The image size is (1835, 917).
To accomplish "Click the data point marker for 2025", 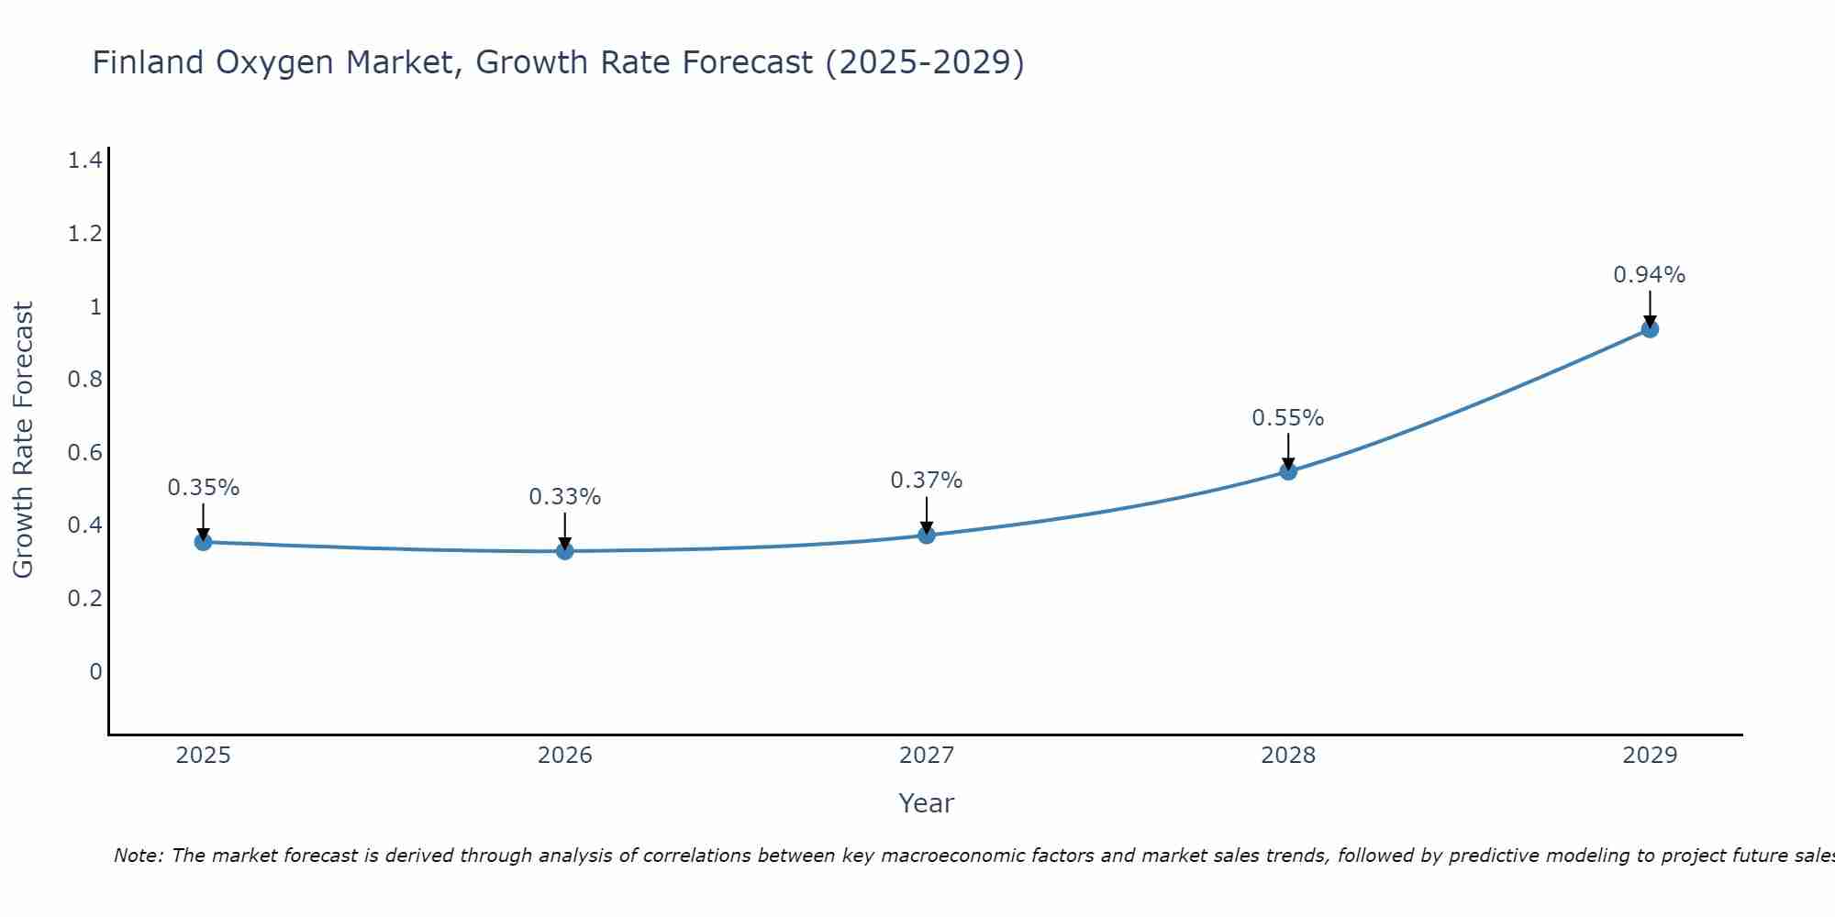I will click(203, 542).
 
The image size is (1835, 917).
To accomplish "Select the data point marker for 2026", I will click(564, 550).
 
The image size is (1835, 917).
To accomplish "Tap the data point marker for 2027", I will click(926, 535).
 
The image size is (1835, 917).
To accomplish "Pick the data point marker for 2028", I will click(1287, 471).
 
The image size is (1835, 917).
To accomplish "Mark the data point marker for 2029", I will click(1649, 328).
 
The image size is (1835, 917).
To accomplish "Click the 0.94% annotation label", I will click(1649, 275).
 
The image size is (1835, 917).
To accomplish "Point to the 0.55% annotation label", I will click(1287, 418).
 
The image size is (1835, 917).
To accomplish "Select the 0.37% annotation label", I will click(926, 481).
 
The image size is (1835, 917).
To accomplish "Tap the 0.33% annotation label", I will click(564, 497).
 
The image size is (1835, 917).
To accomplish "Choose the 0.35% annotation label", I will click(203, 488).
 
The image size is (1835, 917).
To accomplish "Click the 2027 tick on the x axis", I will click(926, 756).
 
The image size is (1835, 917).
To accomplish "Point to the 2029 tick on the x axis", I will click(1649, 756).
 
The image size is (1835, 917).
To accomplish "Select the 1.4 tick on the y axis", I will click(84, 161).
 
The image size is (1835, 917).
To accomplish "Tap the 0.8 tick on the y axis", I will click(84, 380).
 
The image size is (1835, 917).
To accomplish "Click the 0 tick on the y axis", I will click(95, 672).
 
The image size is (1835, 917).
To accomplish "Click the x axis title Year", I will click(926, 803).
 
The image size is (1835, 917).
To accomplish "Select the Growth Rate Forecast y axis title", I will click(23, 440).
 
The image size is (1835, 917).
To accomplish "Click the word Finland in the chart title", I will click(148, 62).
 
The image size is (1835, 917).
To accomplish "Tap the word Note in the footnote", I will click(137, 856).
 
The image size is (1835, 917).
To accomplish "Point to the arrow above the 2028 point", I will click(1287, 451).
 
